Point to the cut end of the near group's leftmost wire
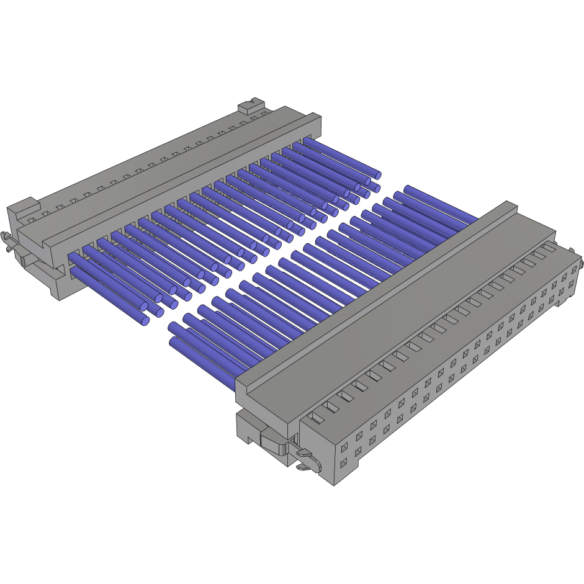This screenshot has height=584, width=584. point(173,341)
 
